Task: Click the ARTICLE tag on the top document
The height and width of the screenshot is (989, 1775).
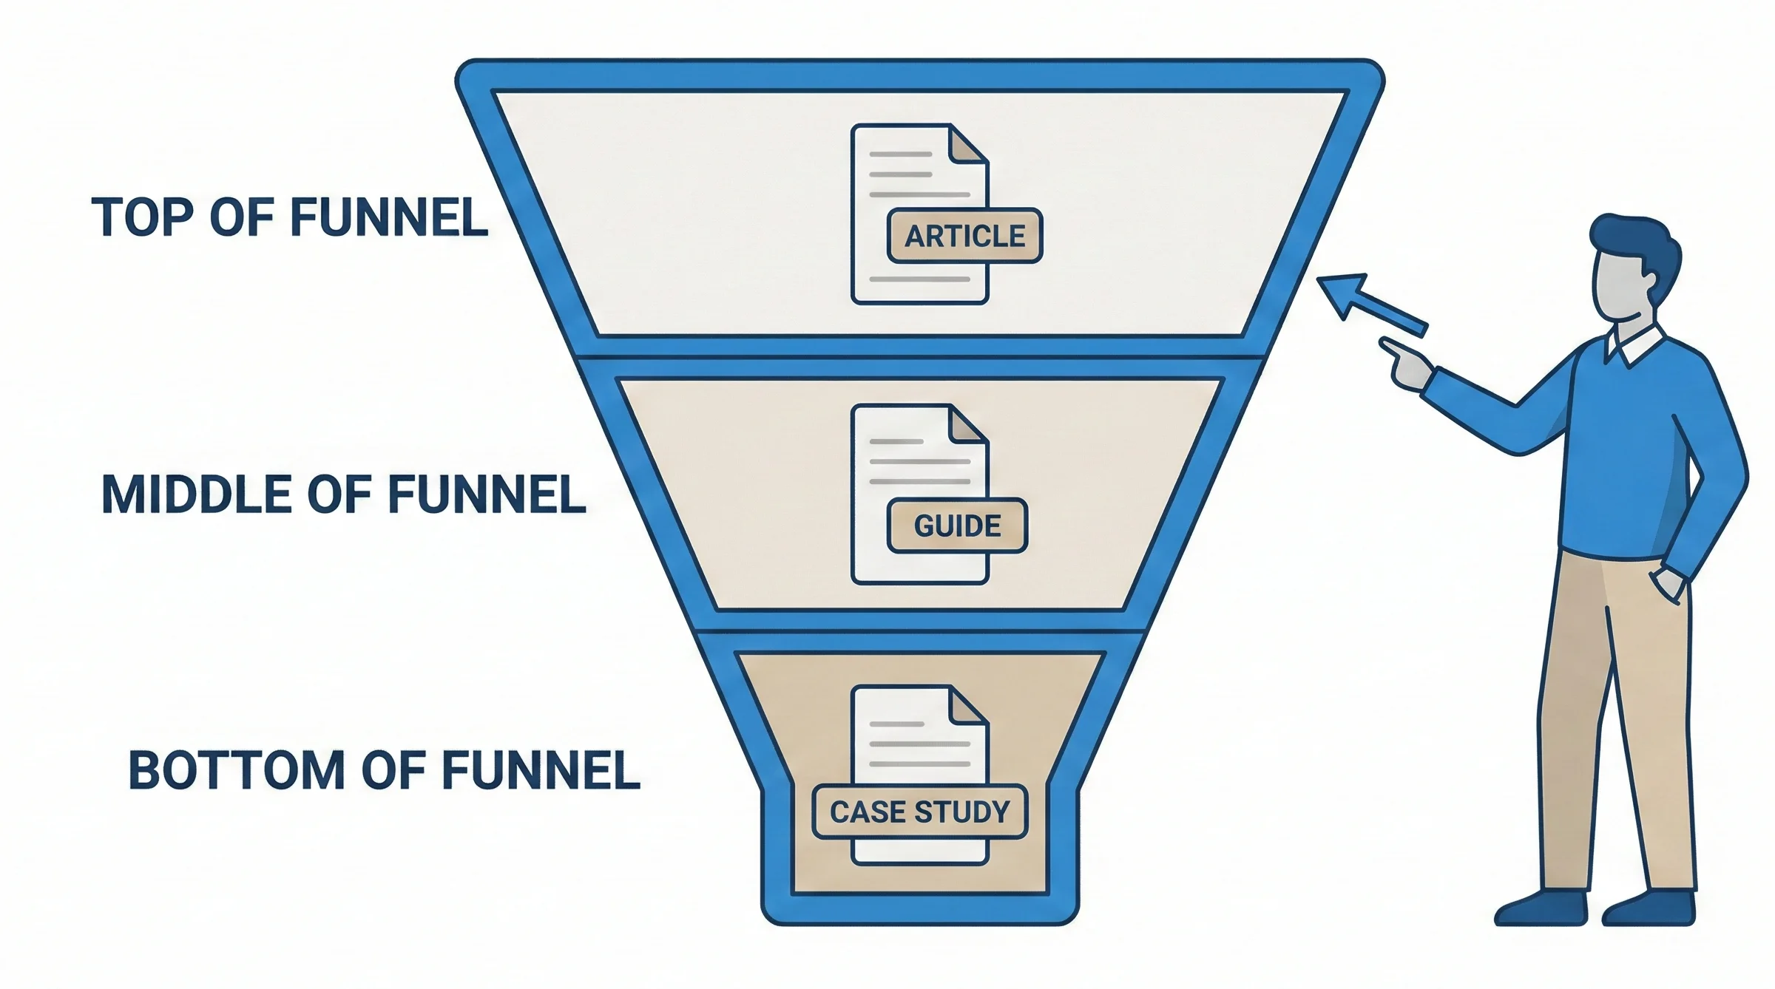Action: click(x=964, y=236)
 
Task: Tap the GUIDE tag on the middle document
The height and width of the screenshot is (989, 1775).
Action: click(x=957, y=526)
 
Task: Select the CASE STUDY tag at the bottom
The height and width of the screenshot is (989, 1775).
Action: click(x=919, y=812)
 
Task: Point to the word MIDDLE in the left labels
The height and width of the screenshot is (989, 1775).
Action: click(x=196, y=494)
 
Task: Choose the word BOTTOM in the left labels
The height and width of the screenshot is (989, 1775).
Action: click(x=237, y=770)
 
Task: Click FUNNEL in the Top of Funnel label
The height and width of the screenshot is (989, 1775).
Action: click(x=388, y=217)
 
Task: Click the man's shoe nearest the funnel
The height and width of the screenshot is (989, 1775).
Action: click(x=1543, y=909)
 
